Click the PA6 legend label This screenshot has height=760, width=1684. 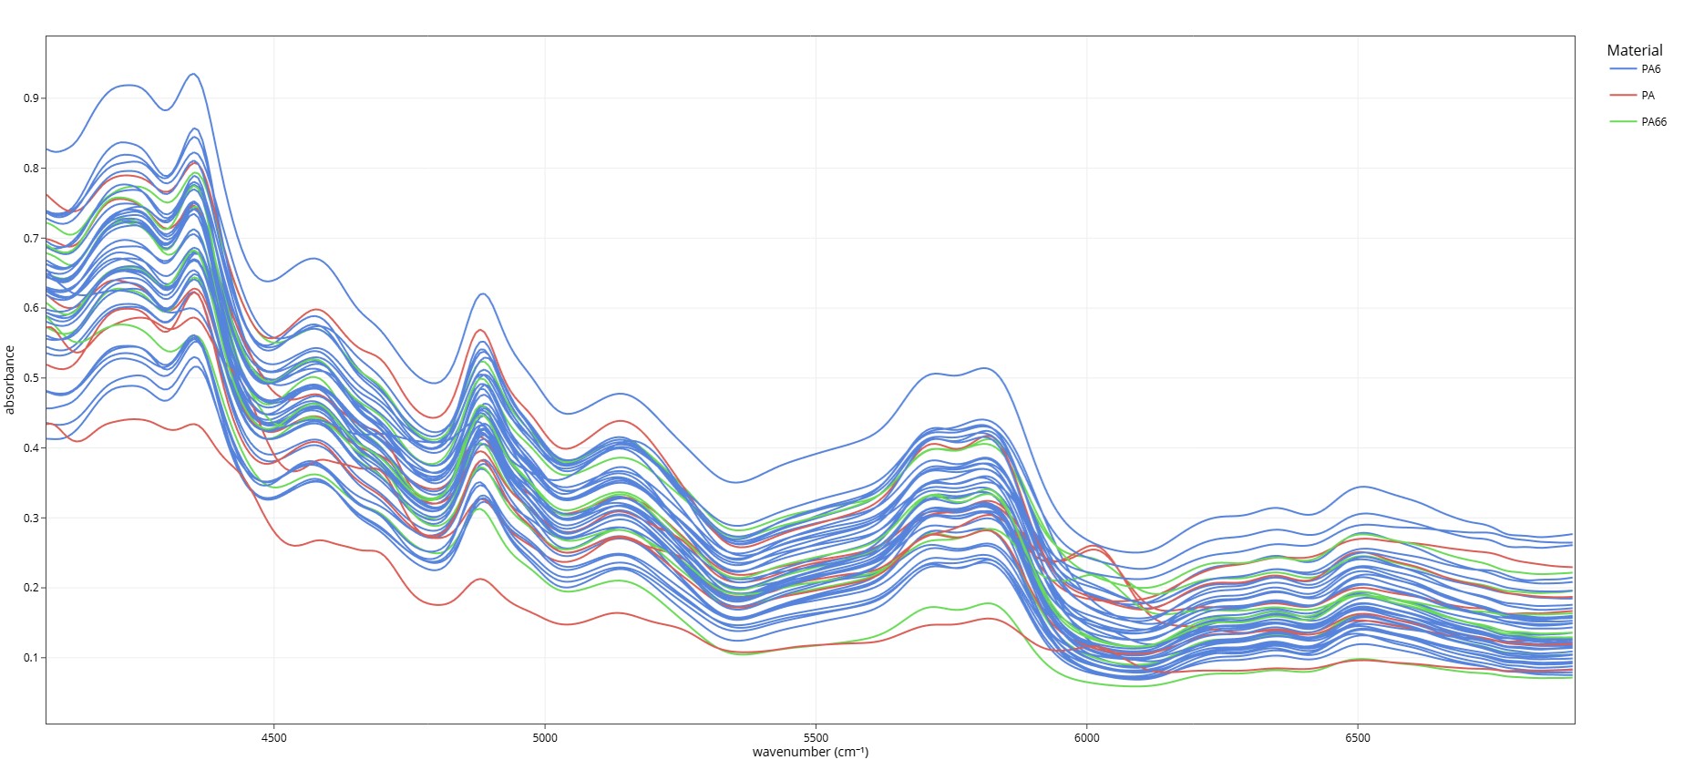coord(1650,69)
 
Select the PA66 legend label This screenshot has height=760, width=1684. coord(1653,122)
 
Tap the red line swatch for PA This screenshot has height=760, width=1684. coord(1623,96)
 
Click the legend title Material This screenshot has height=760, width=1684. coord(1634,51)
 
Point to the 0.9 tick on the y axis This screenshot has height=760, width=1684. coord(31,98)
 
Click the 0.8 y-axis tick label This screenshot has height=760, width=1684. coord(31,169)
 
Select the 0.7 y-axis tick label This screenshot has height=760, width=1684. coord(31,239)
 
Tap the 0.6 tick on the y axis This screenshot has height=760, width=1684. coord(31,308)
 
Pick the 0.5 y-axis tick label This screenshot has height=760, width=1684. coord(31,378)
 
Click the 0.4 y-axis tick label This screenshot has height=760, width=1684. coord(31,448)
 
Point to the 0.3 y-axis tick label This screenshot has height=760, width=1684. coord(31,519)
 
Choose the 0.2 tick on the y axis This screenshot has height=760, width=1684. coord(31,588)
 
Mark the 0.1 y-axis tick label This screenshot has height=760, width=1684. coord(31,658)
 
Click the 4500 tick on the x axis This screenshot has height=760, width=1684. coord(273,738)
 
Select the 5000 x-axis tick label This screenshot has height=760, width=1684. coord(545,738)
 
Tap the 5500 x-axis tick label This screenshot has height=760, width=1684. coord(816,738)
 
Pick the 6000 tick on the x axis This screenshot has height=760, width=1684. coord(1086,738)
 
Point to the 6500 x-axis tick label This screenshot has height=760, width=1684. coord(1358,738)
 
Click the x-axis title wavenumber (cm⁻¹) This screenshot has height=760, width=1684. coord(810,752)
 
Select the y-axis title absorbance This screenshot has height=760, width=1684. coord(10,380)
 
